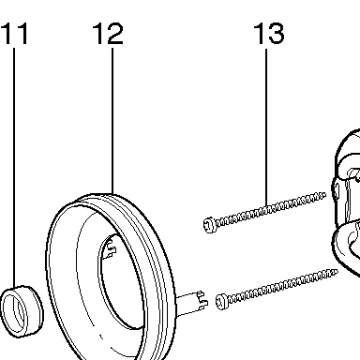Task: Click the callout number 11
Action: pyautogui.click(x=15, y=34)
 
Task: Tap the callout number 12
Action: pyautogui.click(x=108, y=34)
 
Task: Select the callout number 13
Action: pyautogui.click(x=269, y=33)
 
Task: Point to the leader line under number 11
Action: pyautogui.click(x=14, y=168)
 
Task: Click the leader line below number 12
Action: pyautogui.click(x=112, y=121)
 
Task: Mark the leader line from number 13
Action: pyautogui.click(x=266, y=127)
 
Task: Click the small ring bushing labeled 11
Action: pyautogui.click(x=22, y=311)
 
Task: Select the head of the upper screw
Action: pyautogui.click(x=208, y=225)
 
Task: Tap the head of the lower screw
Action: pyautogui.click(x=221, y=302)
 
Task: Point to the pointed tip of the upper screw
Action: pyautogui.click(x=324, y=195)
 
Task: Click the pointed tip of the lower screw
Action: pyautogui.click(x=337, y=272)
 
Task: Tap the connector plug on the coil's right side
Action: pyautogui.click(x=191, y=304)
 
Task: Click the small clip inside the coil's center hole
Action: pyautogui.click(x=110, y=248)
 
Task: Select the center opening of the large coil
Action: pyautogui.click(x=120, y=281)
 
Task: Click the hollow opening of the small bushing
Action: pyautogui.click(x=12, y=311)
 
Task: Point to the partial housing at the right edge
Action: pyautogui.click(x=346, y=203)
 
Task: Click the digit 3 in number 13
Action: pyautogui.click(x=276, y=33)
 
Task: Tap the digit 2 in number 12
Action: pyautogui.click(x=114, y=34)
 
